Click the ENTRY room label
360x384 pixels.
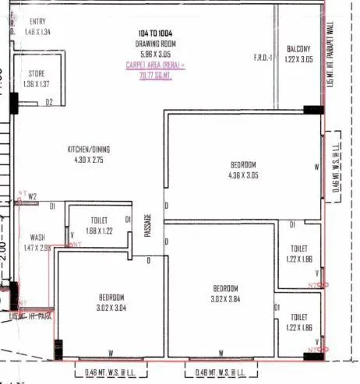37,22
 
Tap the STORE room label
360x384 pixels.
37,73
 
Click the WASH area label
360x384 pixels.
37,237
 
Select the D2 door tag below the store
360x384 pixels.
48,101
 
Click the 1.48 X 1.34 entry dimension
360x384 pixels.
37,32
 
